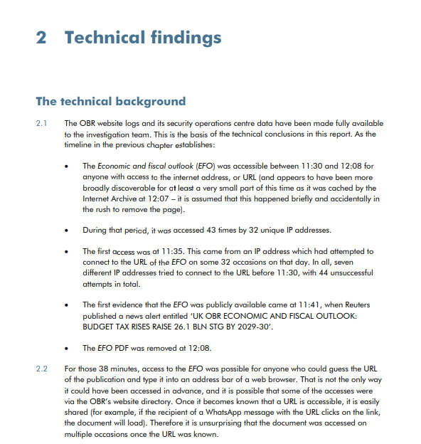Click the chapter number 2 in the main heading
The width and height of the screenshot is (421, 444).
click(x=41, y=38)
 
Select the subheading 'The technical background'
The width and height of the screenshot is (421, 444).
click(x=110, y=101)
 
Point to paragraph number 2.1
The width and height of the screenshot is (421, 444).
click(x=42, y=124)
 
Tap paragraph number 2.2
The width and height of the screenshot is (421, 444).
click(x=42, y=369)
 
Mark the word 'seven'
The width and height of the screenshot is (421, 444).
click(x=357, y=262)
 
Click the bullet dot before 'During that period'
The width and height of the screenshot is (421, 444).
click(x=65, y=231)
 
